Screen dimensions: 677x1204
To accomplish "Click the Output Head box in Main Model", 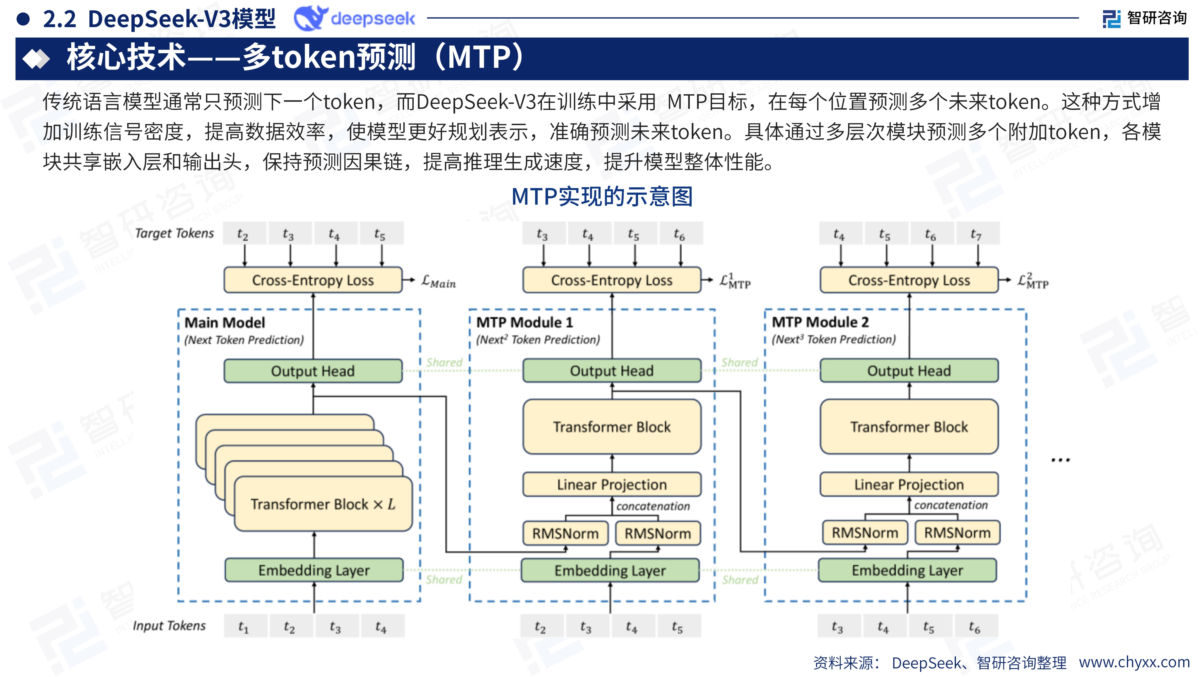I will tap(313, 371).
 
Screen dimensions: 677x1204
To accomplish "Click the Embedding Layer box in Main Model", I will tap(314, 570).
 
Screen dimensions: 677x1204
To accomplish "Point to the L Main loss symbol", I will tap(438, 281).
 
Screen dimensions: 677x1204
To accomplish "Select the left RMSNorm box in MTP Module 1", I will tap(565, 533).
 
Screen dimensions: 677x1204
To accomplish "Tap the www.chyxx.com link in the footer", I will tap(1134, 662).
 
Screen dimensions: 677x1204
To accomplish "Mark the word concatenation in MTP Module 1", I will tap(652, 506).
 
